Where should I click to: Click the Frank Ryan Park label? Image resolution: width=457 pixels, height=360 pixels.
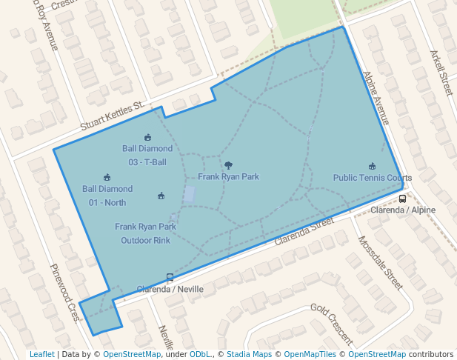click(228, 177)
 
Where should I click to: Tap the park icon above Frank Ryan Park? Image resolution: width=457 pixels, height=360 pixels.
click(228, 166)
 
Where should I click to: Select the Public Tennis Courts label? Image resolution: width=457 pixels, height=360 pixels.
click(372, 178)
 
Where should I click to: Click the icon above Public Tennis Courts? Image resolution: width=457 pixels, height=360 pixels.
click(372, 167)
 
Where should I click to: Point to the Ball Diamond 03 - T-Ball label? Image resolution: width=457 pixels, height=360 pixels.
click(147, 156)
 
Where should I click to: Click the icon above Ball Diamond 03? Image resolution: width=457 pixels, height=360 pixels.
click(147, 137)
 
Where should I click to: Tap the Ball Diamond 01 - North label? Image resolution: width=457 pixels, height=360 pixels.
click(107, 196)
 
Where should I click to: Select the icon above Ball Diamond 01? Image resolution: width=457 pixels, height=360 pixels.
click(107, 177)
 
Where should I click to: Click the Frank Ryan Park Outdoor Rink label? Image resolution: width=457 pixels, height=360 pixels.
click(146, 233)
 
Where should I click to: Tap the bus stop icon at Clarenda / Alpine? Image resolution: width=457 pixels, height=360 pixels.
click(403, 199)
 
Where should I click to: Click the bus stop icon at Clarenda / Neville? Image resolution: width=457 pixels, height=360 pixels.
click(170, 278)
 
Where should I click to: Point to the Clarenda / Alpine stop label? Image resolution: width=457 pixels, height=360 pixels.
click(403, 210)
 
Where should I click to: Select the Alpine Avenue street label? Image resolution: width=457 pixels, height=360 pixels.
click(376, 98)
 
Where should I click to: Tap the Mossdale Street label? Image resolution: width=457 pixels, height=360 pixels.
click(380, 263)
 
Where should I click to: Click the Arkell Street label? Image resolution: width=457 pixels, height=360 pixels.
click(441, 73)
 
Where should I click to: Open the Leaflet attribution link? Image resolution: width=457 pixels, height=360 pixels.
click(42, 354)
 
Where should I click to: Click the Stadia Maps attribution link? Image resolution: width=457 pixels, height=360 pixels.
click(249, 354)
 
